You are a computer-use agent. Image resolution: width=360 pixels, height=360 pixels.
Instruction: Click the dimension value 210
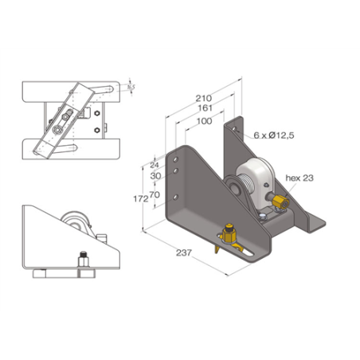202,99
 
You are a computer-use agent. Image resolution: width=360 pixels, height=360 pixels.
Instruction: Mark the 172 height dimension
140,198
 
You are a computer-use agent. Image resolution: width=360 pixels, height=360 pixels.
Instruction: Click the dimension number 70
155,194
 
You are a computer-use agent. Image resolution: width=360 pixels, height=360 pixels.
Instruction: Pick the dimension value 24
155,165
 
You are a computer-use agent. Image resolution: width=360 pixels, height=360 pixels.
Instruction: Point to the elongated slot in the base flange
248,253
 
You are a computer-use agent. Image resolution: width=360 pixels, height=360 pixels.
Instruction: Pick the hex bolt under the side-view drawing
82,260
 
